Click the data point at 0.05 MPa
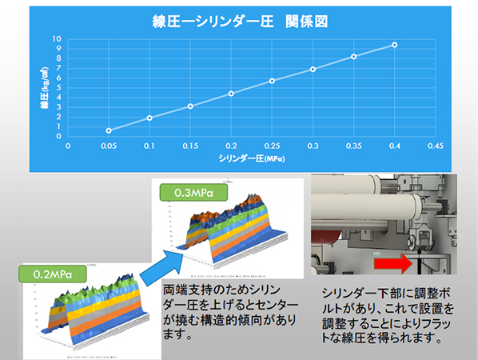point(109,130)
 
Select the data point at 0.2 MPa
point(231,94)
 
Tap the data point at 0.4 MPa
point(394,45)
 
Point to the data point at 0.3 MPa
point(313,70)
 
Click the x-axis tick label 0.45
point(435,146)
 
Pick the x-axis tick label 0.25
point(272,146)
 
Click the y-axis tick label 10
point(57,38)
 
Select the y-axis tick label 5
point(58,87)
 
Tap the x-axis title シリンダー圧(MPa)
point(252,159)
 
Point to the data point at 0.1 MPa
point(149,118)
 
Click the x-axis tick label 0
point(68,146)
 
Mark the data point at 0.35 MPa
point(353,56)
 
